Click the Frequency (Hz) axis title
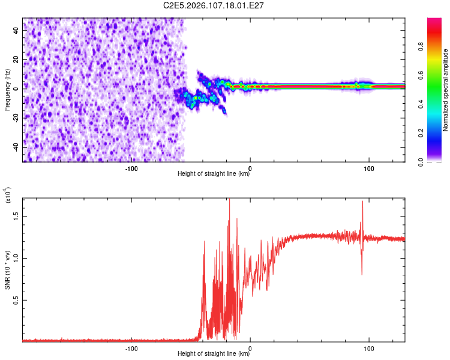[7, 90]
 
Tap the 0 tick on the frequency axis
[17, 88]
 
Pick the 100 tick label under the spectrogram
[369, 167]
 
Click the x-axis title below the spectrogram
[214, 174]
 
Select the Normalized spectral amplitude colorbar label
[446, 90]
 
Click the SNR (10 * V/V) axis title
[7, 264]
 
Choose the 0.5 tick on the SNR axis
[14, 299]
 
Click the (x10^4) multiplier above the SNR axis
[8, 195]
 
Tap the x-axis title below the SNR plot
[214, 353]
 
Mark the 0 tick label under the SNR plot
[250, 347]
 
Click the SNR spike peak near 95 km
[362, 202]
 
